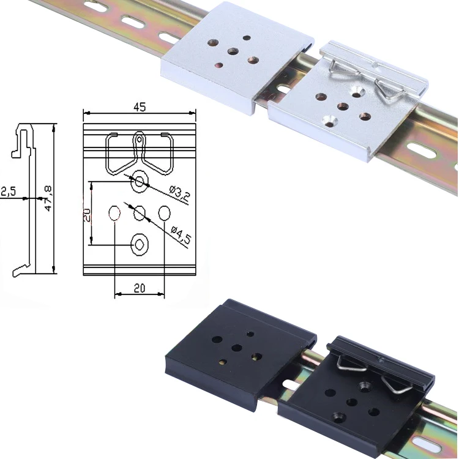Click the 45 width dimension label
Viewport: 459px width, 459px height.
coord(139,107)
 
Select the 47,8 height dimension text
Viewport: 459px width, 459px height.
coord(48,200)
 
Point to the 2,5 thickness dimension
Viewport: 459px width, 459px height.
coord(9,192)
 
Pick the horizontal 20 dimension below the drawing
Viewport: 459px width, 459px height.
coord(139,288)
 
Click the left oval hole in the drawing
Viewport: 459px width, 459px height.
coord(114,213)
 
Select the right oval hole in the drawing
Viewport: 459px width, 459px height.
coord(164,213)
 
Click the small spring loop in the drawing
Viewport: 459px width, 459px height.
coord(140,140)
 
